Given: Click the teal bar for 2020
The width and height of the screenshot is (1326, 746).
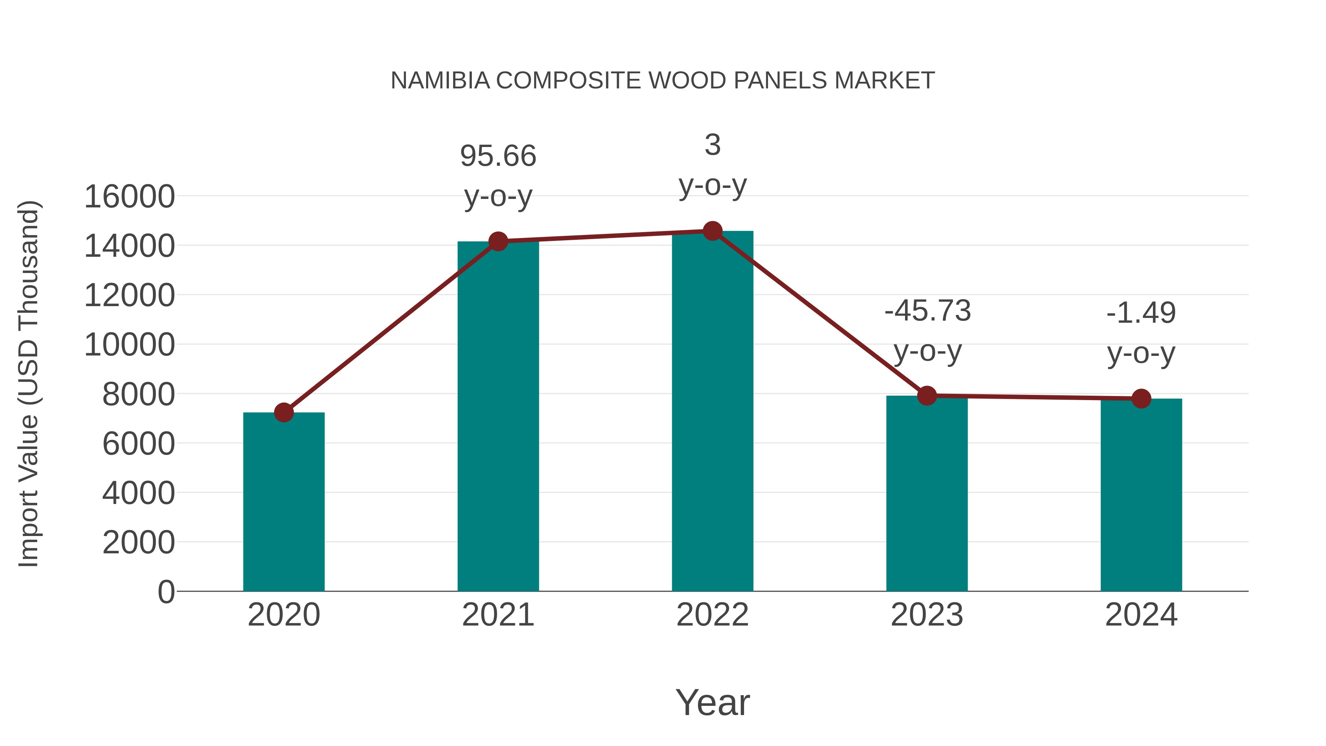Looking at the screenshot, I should coord(284,502).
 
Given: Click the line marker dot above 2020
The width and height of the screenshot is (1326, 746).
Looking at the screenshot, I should coord(284,412).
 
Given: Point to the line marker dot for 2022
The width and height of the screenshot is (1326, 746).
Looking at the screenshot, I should coord(712,231).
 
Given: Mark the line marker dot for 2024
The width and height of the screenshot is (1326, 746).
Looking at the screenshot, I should coord(1141,399).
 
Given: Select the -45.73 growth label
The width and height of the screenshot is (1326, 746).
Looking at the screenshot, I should coord(927,311).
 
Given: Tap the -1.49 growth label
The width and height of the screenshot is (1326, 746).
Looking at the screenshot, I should coord(1141,313).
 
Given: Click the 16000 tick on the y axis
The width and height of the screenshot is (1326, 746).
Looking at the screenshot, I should coord(129,197).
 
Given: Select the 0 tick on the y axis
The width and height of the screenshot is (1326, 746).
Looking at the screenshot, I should coord(166,592).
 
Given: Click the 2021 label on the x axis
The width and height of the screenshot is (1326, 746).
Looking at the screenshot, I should coord(498,615).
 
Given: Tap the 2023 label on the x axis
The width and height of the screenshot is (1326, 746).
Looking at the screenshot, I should coord(927,615).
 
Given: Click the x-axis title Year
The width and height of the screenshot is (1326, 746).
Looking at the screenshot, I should coord(712,703).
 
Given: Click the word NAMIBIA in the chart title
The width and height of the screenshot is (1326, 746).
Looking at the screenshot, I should coord(440,81).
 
